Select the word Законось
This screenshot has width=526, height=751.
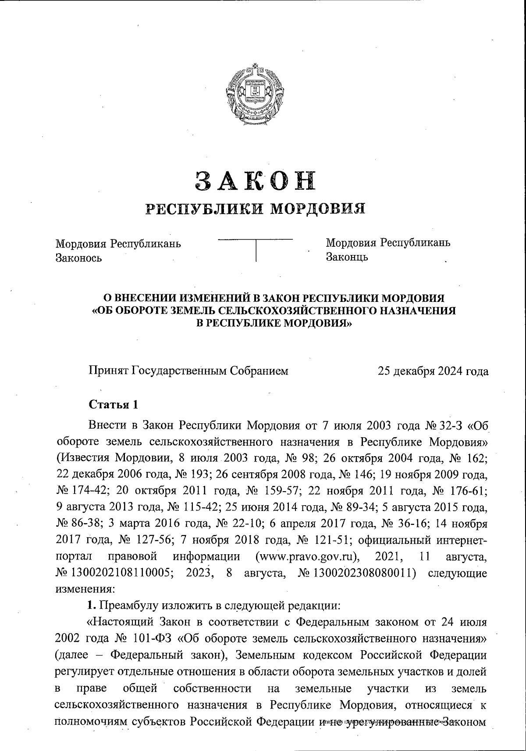pos(78,258)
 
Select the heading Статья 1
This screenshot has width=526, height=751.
pos(114,404)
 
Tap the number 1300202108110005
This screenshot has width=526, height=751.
pos(118,573)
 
